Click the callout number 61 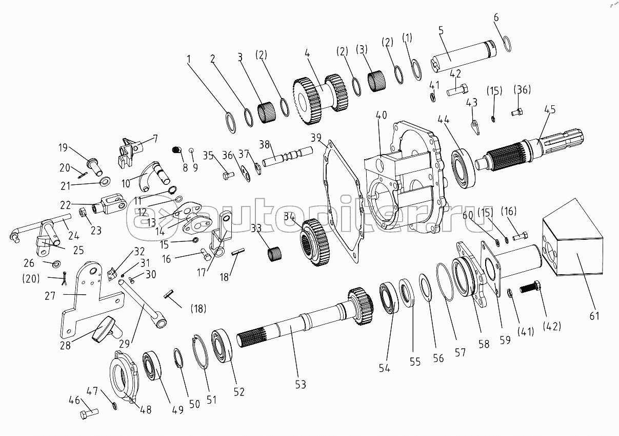pyautogui.click(x=594, y=315)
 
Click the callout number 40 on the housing pyautogui.click(x=381, y=116)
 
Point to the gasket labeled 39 pyautogui.click(x=344, y=200)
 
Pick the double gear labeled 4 pyautogui.click(x=318, y=98)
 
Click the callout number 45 pyautogui.click(x=549, y=109)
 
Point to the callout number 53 pyautogui.click(x=300, y=384)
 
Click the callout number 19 pyautogui.click(x=63, y=148)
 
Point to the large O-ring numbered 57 pyautogui.click(x=446, y=281)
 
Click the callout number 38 pyautogui.click(x=264, y=145)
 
